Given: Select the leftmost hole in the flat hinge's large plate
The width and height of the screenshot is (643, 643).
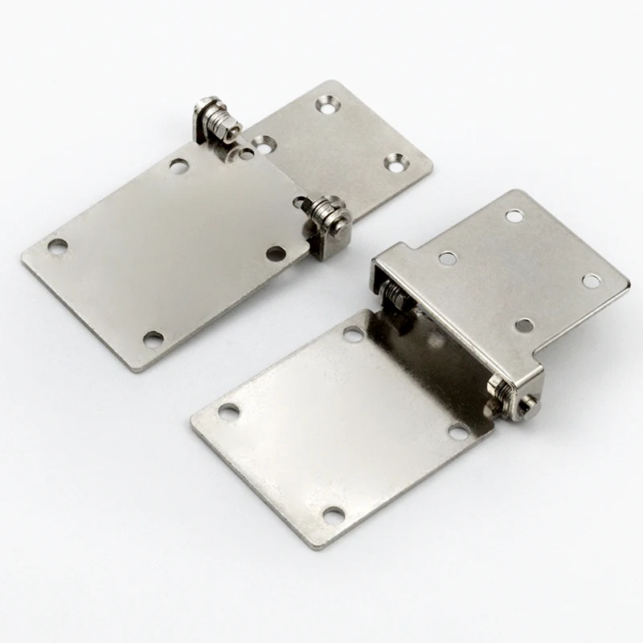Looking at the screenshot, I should coord(57,245).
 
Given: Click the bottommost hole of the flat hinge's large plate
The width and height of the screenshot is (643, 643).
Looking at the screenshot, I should coord(153,338).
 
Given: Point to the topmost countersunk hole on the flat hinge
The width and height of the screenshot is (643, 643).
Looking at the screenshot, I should coord(326,103).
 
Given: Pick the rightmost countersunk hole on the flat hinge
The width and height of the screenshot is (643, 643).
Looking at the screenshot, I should coord(394,162).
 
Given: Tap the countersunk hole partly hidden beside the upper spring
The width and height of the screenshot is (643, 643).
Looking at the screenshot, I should coord(263,145).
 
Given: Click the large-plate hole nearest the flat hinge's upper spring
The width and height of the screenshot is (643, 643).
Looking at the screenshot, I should coord(178,166).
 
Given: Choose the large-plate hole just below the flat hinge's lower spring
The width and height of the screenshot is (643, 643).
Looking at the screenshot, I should coord(276,253).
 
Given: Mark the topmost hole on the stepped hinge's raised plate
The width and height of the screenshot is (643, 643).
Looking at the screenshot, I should coord(514,215).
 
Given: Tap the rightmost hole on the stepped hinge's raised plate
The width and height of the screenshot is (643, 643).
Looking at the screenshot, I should coord(592,281).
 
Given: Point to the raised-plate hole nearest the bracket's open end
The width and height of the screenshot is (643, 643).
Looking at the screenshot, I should coord(448,258).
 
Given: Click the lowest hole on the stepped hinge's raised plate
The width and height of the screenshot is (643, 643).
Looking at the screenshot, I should coord(524,325).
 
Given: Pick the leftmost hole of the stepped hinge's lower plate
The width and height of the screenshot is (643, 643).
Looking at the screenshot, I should coord(228,412).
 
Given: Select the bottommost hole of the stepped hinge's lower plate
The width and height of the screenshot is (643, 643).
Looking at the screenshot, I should coord(333,514).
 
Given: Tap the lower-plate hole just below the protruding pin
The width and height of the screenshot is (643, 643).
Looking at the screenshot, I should coord(458,432).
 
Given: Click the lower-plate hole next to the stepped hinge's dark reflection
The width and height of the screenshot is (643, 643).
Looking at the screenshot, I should coord(353,333).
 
